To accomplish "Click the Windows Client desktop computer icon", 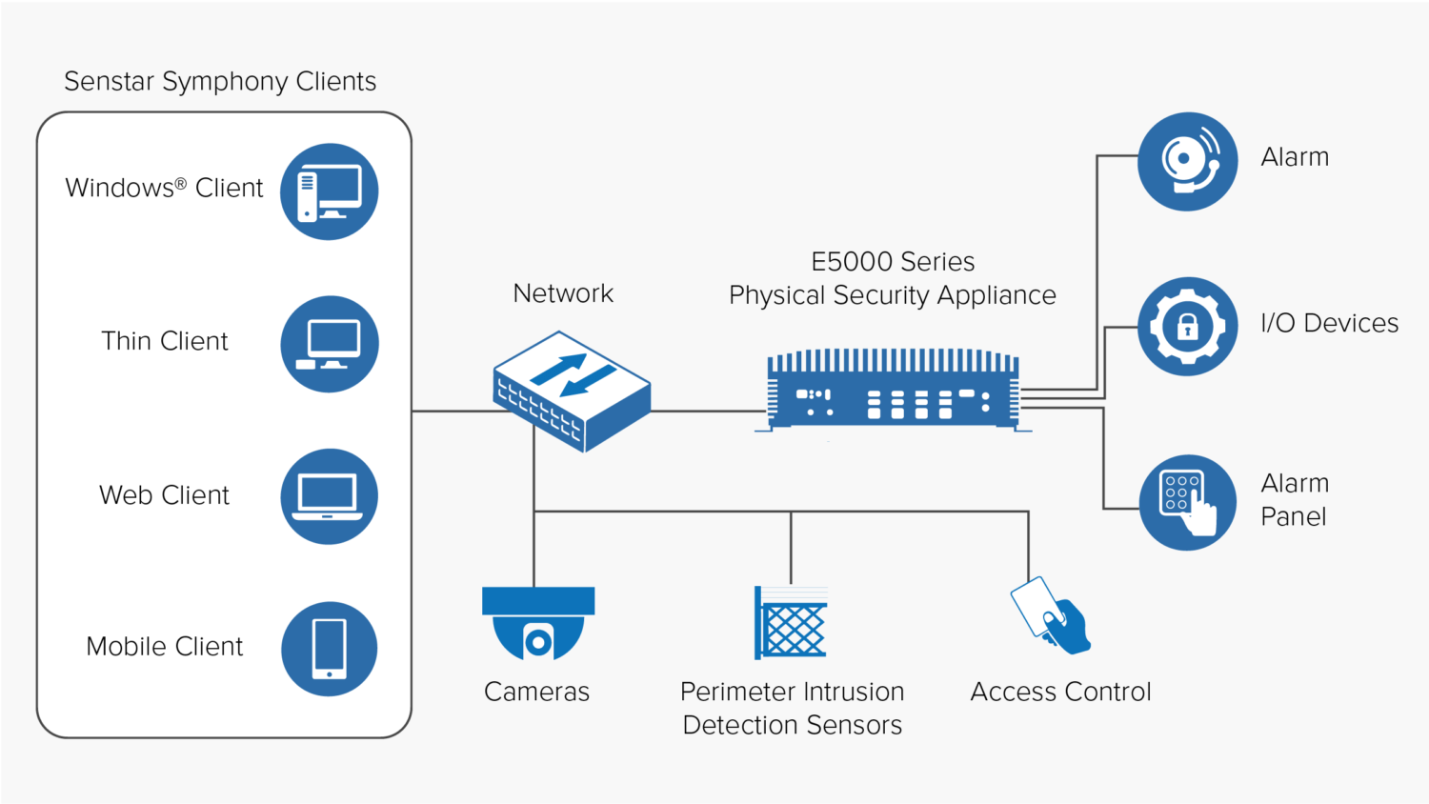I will click(329, 191).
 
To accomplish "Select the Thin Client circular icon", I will click(329, 344).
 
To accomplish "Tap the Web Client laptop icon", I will click(329, 496).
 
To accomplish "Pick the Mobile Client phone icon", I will click(329, 649).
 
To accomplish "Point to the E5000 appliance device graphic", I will click(893, 391).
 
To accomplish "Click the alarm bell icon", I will click(1187, 161).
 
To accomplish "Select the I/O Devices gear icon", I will click(1187, 326).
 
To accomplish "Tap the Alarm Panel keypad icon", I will click(1187, 502).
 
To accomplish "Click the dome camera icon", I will click(538, 624).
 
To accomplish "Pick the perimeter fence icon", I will click(791, 622).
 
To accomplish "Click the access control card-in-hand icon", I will click(1050, 616).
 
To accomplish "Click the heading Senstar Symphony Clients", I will click(220, 82).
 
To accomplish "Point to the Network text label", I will click(563, 293).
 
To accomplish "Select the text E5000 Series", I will click(893, 262).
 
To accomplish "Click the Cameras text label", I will click(536, 692).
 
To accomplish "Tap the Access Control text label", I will click(1060, 692).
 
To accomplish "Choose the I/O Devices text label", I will click(1329, 324).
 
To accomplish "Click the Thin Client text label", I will click(165, 341).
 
